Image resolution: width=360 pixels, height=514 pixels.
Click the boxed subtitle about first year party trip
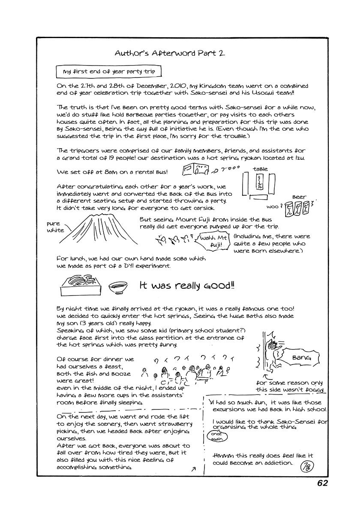pos(109,72)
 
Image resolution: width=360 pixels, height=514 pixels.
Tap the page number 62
pos(323,483)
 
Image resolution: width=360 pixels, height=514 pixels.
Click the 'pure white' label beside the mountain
pos(55,227)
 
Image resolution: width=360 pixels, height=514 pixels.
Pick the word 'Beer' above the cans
pos(299,197)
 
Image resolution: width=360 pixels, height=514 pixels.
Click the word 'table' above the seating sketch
pos(260,169)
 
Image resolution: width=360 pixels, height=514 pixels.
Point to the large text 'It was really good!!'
pos(187,286)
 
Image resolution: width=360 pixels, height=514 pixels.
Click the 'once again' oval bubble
pos(217,436)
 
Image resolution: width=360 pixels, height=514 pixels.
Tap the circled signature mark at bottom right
pos(308,465)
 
